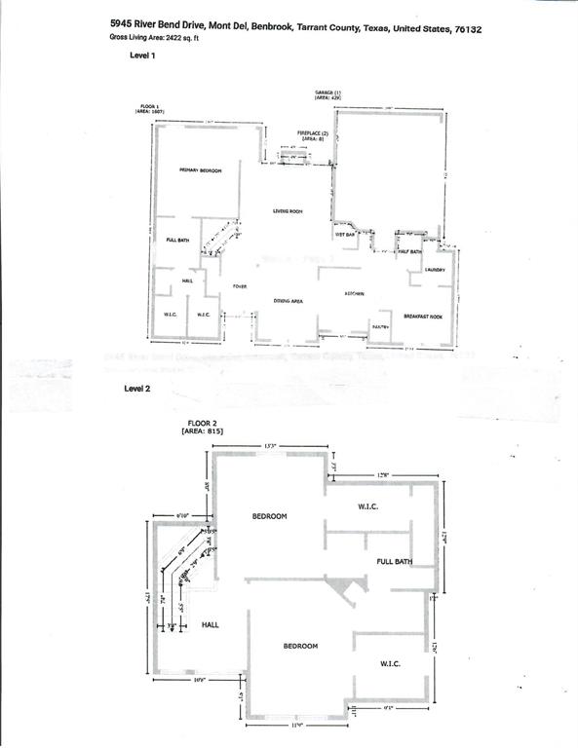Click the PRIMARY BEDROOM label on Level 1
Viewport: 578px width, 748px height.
coord(201,170)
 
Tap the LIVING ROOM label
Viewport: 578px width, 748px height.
coord(288,211)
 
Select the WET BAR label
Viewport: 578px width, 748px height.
coord(344,235)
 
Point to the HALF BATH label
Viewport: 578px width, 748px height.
coord(409,251)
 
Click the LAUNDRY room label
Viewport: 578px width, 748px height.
coord(435,270)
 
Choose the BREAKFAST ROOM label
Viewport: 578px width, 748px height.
coord(423,316)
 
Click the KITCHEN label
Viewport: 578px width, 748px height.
coord(354,293)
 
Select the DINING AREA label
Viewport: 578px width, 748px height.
coord(288,301)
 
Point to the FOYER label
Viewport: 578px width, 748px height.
coord(239,286)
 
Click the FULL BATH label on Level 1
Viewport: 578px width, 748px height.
coord(176,240)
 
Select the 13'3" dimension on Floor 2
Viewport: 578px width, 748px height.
coord(271,445)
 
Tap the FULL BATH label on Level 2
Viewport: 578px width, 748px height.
coord(395,562)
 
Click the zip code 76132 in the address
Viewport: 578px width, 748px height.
coord(467,29)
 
